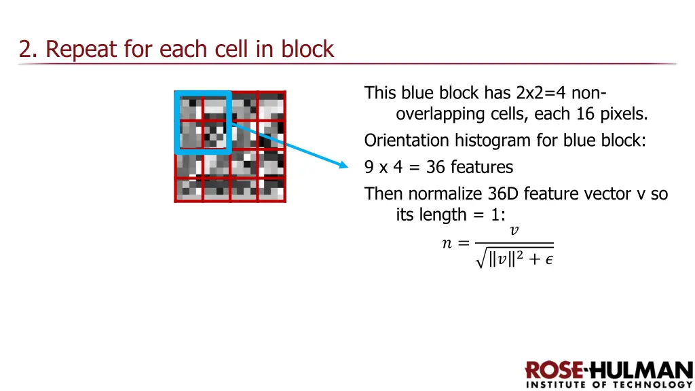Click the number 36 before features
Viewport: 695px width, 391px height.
pyautogui.click(x=436, y=167)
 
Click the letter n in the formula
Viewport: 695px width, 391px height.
pyautogui.click(x=447, y=243)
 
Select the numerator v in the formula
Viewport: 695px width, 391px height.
pyautogui.click(x=514, y=231)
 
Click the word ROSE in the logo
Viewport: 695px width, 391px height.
pyautogui.click(x=555, y=371)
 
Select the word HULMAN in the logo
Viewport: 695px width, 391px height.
pyautogui.click(x=641, y=371)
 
